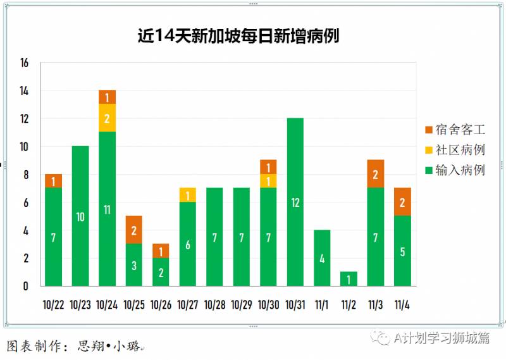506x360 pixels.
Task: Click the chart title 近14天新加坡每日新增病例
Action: pyautogui.click(x=238, y=35)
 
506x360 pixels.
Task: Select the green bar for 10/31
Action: pyautogui.click(x=295, y=202)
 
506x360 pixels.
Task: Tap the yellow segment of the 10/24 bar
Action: pyautogui.click(x=107, y=118)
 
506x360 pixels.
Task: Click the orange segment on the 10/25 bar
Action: pyautogui.click(x=134, y=230)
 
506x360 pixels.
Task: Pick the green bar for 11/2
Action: pyautogui.click(x=349, y=278)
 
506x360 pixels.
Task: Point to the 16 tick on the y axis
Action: pyautogui.click(x=25, y=63)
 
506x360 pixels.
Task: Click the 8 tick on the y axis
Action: pyautogui.click(x=25, y=175)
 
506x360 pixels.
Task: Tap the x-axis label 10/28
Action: pyautogui.click(x=215, y=305)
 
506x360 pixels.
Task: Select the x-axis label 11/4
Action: pyautogui.click(x=402, y=305)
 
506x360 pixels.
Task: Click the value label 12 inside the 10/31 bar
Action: pyautogui.click(x=295, y=203)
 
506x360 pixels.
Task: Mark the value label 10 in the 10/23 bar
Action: pyautogui.click(x=80, y=217)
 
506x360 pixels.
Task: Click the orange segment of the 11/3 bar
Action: pyautogui.click(x=376, y=174)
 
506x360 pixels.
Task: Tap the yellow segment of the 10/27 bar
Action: pyautogui.click(x=188, y=196)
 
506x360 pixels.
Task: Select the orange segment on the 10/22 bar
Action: pyautogui.click(x=53, y=181)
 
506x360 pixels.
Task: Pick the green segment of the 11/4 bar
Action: pyautogui.click(x=402, y=251)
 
